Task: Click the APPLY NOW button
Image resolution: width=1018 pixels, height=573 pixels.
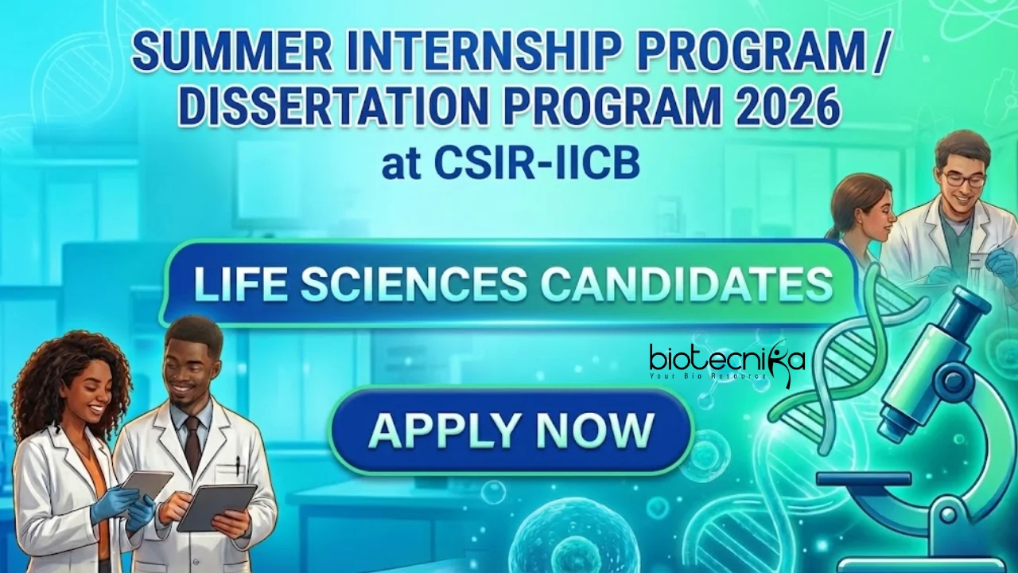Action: (x=511, y=430)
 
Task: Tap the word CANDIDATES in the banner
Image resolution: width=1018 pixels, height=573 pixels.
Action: (x=684, y=285)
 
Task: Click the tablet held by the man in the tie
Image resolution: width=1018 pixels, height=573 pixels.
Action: (x=216, y=506)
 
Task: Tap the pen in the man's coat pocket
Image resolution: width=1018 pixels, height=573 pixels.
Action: (x=237, y=466)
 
